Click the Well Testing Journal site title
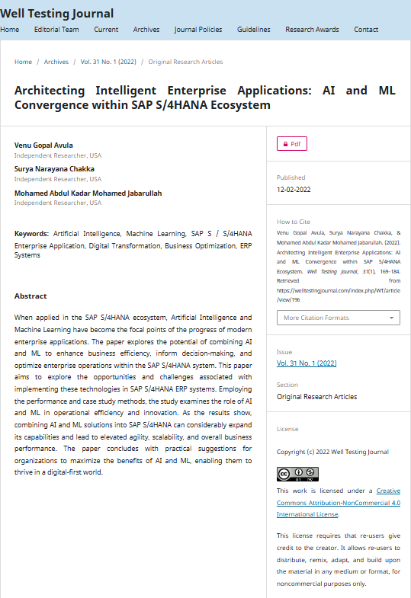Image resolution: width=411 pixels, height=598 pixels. pyautogui.click(x=57, y=13)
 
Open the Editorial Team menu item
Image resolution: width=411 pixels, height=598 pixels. pyautogui.click(x=56, y=30)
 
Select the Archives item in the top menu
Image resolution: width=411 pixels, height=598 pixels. pyautogui.click(x=146, y=30)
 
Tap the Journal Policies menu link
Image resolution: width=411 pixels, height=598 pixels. pyautogui.click(x=198, y=30)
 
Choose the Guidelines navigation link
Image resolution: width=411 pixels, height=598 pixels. pyautogui.click(x=254, y=30)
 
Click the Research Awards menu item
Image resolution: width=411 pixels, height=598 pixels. pyautogui.click(x=312, y=30)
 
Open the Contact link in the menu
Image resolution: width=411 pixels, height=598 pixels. pyautogui.click(x=366, y=30)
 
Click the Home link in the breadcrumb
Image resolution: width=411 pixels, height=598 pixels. pyautogui.click(x=24, y=62)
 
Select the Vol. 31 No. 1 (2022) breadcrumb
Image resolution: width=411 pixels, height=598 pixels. pyautogui.click(x=108, y=62)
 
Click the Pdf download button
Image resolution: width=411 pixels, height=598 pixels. pyautogui.click(x=292, y=143)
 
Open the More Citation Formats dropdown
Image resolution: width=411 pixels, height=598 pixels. pyautogui.click(x=338, y=318)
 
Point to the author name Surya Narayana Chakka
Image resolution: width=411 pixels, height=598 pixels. pyautogui.click(x=54, y=169)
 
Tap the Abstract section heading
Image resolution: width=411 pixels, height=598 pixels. pyautogui.click(x=31, y=296)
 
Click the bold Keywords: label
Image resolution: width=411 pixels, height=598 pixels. pyautogui.click(x=32, y=234)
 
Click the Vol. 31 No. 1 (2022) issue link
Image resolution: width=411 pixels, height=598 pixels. pyautogui.click(x=306, y=363)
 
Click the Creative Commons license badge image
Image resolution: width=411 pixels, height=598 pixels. pyautogui.click(x=297, y=474)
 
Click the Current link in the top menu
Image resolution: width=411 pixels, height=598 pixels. pyautogui.click(x=106, y=30)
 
